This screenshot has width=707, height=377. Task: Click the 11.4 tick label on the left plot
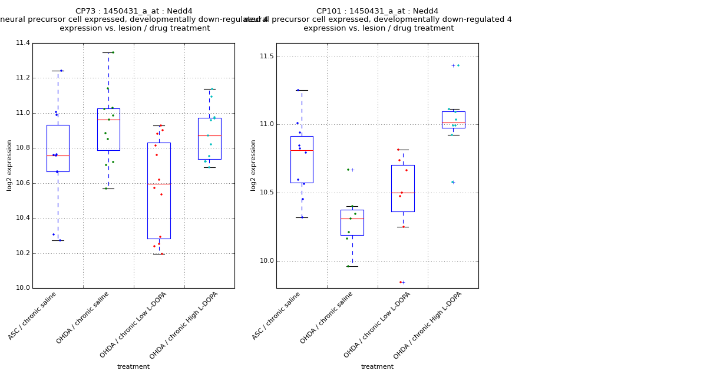[x=22, y=43]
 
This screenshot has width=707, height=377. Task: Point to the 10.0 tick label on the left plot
[x=22, y=288]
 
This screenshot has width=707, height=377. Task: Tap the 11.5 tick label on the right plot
[x=266, y=57]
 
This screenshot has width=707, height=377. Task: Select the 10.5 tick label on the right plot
[x=266, y=193]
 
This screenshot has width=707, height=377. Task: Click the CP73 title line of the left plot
[x=134, y=11]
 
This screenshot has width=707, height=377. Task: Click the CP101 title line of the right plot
[x=377, y=11]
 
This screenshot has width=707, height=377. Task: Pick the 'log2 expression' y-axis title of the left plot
[x=9, y=165]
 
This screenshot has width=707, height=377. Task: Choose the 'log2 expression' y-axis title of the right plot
[x=253, y=165]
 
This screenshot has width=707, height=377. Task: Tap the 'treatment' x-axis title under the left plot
[x=133, y=366]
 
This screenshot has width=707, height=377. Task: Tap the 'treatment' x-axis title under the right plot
[x=377, y=366]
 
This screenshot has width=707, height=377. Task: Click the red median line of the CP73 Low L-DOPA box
[x=158, y=184]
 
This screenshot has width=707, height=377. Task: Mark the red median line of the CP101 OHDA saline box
[x=352, y=219]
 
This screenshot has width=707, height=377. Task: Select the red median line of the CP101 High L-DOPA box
[x=453, y=123]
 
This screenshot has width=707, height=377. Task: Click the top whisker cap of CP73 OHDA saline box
[x=108, y=52]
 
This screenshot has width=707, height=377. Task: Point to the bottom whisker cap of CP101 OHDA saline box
[x=352, y=266]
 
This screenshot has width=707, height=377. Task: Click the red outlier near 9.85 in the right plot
[x=401, y=282]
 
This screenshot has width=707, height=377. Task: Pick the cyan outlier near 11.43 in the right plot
[x=458, y=65]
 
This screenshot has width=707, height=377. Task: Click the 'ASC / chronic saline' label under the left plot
[x=33, y=316]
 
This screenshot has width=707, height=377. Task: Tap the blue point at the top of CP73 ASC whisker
[x=61, y=71]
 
